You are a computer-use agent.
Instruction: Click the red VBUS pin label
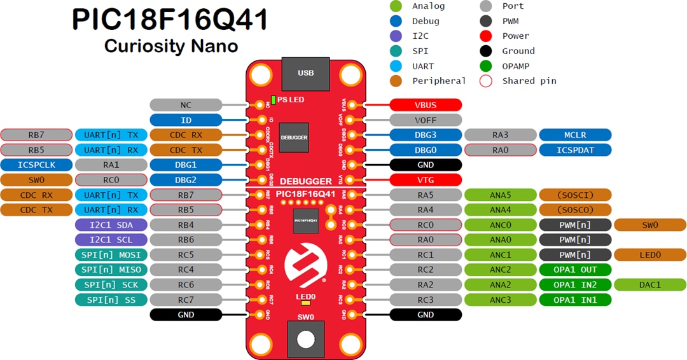point(426,105)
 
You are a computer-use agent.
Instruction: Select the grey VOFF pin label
point(426,120)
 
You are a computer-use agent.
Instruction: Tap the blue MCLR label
point(575,135)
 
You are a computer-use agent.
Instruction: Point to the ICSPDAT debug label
point(575,150)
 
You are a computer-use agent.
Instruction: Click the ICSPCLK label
point(36,165)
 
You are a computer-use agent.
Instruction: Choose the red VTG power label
point(426,180)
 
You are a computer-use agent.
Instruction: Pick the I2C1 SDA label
point(111,225)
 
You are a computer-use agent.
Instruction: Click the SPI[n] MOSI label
point(111,254)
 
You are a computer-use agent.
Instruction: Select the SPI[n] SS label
point(111,300)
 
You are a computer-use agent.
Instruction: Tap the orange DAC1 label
point(649,284)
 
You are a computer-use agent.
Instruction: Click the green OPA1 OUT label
point(575,270)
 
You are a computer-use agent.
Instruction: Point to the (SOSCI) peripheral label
point(575,195)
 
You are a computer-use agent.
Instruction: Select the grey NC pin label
point(186,105)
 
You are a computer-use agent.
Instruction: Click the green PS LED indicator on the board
point(274,100)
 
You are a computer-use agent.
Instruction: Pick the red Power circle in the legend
point(486,36)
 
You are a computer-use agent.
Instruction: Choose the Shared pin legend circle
point(486,81)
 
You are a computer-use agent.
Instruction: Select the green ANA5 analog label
point(501,195)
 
